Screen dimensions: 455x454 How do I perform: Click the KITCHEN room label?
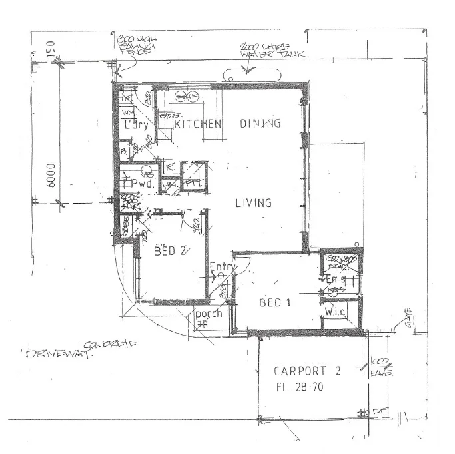click(x=197, y=124)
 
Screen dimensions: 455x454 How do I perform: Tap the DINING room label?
click(x=259, y=123)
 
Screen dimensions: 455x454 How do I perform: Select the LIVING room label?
click(x=254, y=203)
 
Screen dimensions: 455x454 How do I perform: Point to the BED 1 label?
click(x=275, y=302)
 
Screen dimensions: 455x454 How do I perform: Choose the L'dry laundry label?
click(x=135, y=124)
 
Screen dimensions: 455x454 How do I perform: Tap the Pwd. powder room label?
click(x=143, y=182)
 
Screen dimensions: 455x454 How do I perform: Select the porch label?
click(x=208, y=313)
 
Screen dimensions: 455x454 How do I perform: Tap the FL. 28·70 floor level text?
click(x=307, y=387)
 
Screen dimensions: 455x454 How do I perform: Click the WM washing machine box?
click(x=127, y=114)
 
